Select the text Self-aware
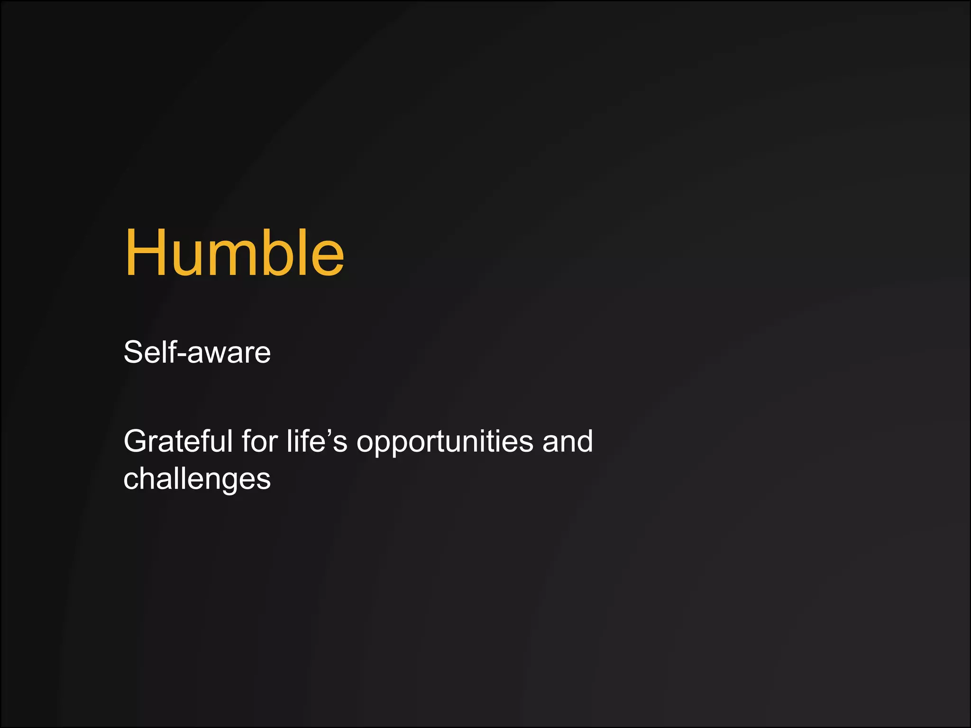197,352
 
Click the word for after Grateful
259,441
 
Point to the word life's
317,441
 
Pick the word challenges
197,479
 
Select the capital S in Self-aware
133,352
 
